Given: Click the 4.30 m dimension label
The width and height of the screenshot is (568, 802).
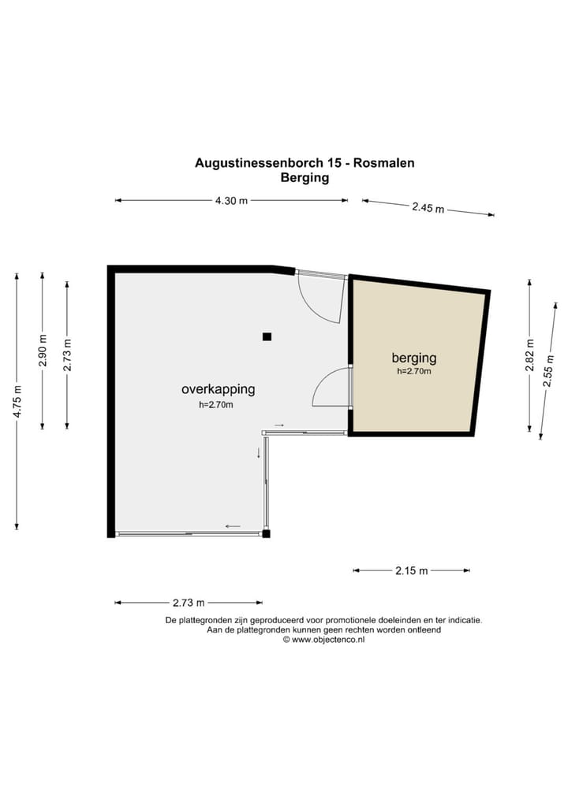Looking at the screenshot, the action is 231,200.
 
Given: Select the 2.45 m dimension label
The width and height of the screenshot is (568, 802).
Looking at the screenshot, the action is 428,208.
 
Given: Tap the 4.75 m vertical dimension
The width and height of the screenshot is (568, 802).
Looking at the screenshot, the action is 17,401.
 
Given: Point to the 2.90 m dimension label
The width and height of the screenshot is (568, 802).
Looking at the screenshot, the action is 43,351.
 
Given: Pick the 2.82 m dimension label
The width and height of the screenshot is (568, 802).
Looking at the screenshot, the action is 530,355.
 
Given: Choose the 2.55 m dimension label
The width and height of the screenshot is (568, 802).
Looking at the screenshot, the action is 548,371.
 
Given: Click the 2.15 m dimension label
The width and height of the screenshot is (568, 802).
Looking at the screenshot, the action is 411,570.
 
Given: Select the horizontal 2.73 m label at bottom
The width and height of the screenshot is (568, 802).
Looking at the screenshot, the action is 189,603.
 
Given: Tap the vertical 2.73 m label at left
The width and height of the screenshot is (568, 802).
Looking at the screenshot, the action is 67,355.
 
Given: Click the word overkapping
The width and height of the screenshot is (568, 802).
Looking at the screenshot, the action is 219,389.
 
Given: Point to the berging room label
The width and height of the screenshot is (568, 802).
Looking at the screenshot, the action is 414,358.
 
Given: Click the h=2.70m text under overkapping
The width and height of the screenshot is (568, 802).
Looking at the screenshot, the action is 216,405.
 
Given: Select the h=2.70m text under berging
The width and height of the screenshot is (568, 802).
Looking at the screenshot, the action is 414,372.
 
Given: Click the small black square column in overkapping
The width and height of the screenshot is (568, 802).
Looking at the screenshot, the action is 267,336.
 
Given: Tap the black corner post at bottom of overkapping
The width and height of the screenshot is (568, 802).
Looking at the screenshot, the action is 266,533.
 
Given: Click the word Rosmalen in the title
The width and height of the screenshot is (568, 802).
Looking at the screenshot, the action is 384,162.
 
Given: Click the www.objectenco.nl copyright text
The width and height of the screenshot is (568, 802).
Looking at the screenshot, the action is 328,640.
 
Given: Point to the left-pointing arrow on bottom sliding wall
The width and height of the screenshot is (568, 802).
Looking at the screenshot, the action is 233,525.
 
